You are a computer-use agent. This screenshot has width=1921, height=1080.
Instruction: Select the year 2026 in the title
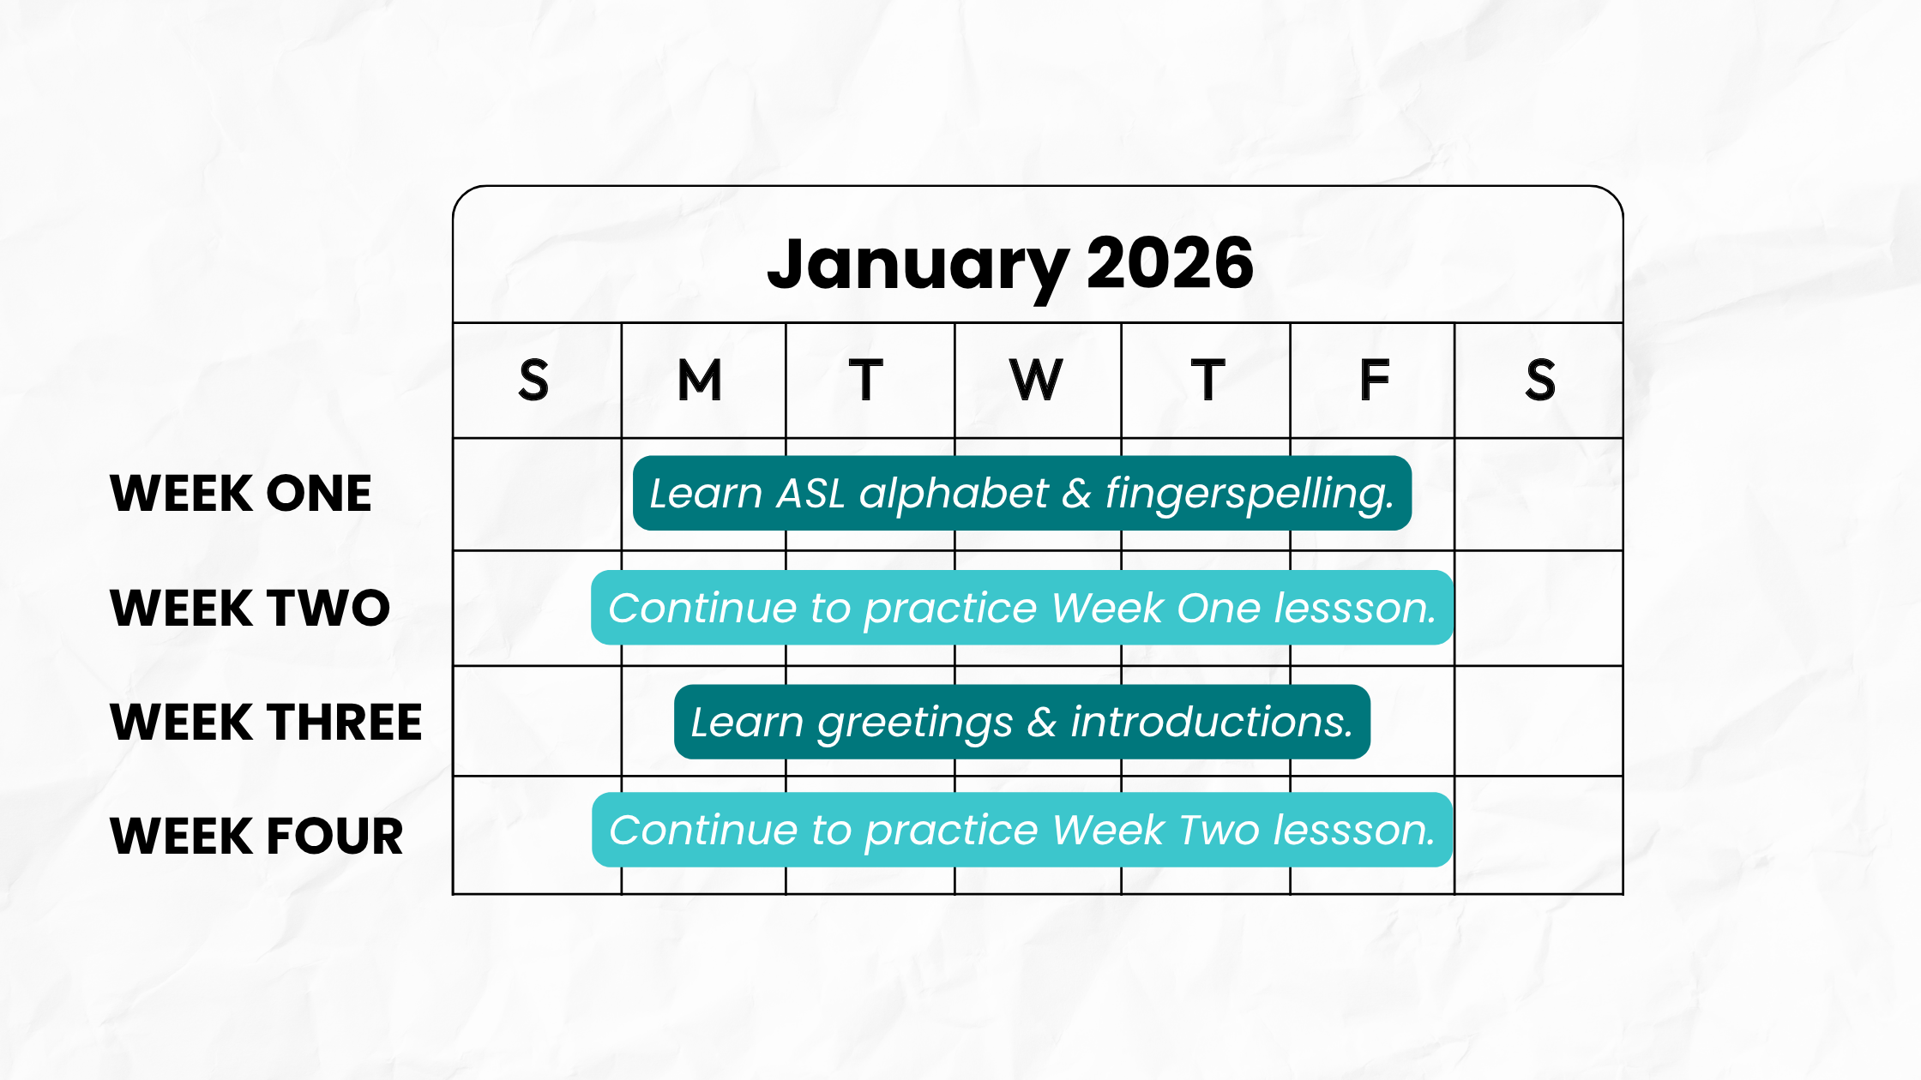click(x=1170, y=262)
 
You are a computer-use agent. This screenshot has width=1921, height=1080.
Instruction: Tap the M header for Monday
click(x=700, y=380)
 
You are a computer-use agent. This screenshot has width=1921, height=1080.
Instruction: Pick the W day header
click(x=1036, y=380)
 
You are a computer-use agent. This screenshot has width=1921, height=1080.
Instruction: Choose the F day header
click(x=1374, y=380)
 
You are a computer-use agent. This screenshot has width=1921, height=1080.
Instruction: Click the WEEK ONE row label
click(x=241, y=493)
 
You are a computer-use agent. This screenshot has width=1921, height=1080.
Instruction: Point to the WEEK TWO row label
click(x=250, y=608)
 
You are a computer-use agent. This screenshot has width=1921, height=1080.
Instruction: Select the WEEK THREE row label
click(x=266, y=722)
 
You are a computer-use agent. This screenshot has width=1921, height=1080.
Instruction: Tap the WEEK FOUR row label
click(x=256, y=836)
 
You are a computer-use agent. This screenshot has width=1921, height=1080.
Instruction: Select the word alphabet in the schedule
click(x=954, y=495)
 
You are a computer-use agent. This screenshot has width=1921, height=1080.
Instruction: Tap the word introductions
click(x=1212, y=722)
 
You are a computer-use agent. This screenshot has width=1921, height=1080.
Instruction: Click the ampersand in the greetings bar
click(x=1042, y=722)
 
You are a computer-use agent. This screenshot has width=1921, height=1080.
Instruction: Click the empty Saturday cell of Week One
click(x=1539, y=495)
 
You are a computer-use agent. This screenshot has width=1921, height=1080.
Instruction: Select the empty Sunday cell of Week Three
click(x=538, y=721)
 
